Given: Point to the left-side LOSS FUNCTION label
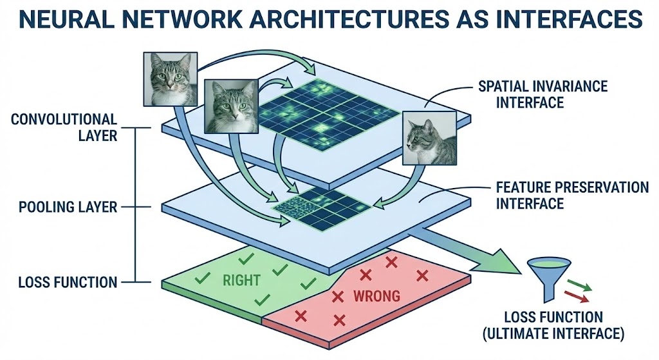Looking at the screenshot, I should tap(68, 282).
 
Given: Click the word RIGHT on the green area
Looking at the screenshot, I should tap(241, 280).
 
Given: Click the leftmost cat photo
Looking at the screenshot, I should tap(170, 78).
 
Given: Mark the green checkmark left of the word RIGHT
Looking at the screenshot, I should tap(203, 278).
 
